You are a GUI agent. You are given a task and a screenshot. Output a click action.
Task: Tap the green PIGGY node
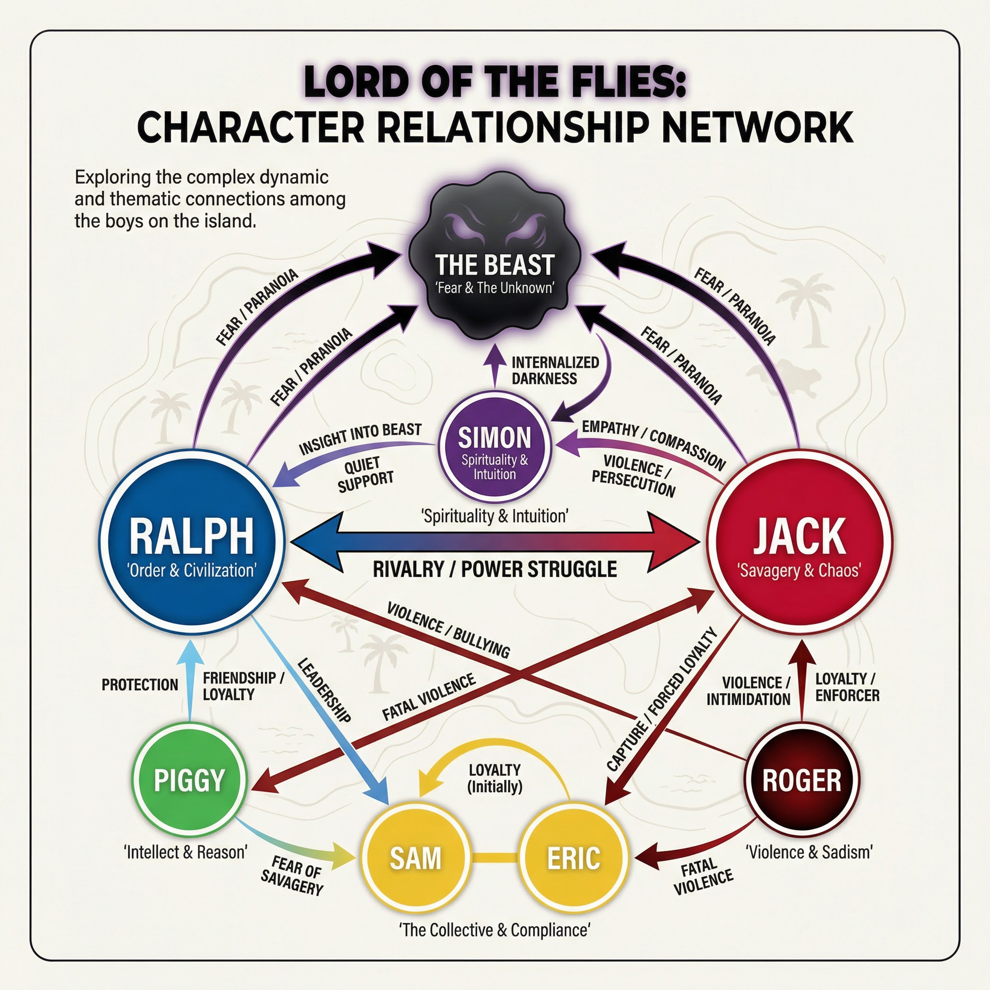pos(189,780)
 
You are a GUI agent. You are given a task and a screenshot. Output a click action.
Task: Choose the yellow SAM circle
pos(415,858)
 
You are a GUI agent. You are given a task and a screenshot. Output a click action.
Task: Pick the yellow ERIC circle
pos(573,858)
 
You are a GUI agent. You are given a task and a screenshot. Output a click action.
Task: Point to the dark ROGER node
pos(801,780)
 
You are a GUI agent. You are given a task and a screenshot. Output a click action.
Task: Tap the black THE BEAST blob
pos(495,262)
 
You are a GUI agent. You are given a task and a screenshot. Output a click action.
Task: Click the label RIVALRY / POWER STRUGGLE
pos(495,569)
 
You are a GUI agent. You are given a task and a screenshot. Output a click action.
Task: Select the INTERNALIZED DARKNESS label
pos(555,370)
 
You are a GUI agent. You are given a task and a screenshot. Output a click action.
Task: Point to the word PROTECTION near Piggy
pos(139,684)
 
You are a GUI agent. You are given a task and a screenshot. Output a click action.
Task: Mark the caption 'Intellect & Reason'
pos(186,852)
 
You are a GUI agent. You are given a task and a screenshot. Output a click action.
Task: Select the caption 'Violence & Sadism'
pos(809,852)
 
